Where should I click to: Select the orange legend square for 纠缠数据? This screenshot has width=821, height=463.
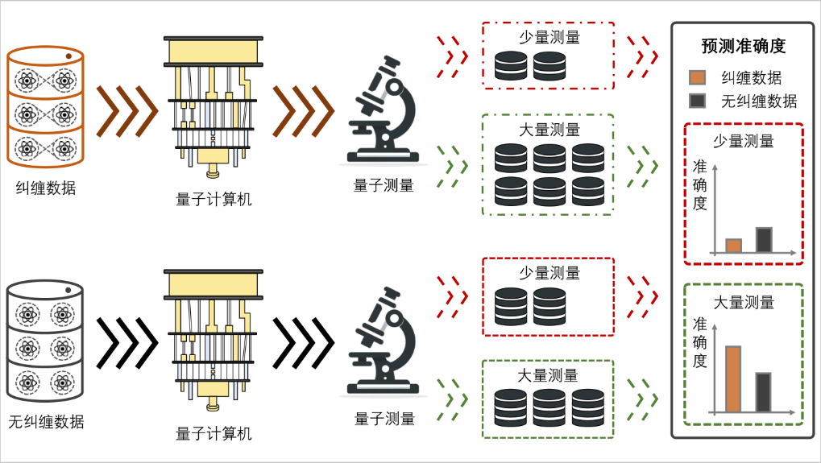pos(698,78)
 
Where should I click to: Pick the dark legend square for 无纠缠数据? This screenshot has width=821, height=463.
pos(698,101)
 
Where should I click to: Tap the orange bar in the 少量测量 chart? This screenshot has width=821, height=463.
pos(733,246)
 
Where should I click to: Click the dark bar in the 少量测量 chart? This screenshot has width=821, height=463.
pos(764,240)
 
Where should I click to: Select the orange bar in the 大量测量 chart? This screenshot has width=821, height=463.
pos(733,378)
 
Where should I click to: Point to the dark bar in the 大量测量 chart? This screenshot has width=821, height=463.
pos(764,391)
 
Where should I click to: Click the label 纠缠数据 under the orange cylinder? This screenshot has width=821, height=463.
pos(45,188)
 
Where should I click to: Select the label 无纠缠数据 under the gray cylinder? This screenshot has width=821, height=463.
pos(46,422)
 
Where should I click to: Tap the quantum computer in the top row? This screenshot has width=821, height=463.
pos(214,105)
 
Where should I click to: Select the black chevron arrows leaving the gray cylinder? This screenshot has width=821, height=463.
pos(126,343)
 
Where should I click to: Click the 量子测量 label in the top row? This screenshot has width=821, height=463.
pos(384,185)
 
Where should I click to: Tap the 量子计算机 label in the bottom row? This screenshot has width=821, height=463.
pos(214,434)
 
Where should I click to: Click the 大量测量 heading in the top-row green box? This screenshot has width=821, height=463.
pos(548,129)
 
